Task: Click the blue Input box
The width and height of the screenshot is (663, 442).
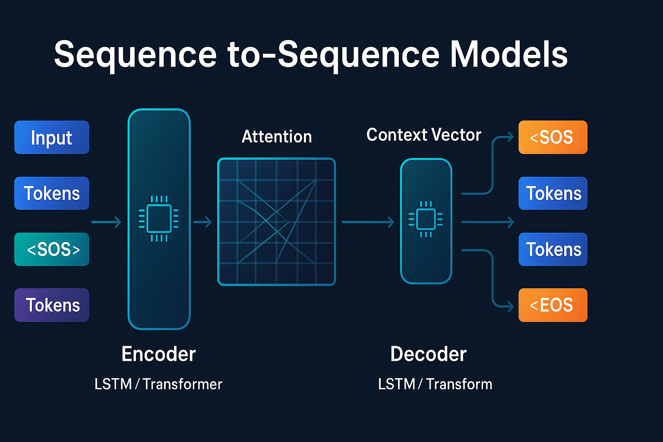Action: coord(52,137)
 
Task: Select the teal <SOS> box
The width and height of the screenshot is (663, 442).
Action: coord(52,249)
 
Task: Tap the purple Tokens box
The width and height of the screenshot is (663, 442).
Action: coord(52,305)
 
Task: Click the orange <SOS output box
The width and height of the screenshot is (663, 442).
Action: coord(552,137)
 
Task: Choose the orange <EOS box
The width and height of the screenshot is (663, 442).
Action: coord(552,305)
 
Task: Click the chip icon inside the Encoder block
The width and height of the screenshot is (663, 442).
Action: coord(159,218)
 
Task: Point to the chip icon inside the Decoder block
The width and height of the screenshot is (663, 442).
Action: coord(426,219)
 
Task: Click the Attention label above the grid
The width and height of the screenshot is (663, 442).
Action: coord(277,137)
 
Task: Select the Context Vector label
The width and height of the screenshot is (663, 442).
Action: coord(423,135)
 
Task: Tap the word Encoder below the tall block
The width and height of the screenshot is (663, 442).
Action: coord(158,354)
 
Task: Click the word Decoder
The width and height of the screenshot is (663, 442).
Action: coord(428,354)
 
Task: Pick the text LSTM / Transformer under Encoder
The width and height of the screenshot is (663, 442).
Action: coord(158,384)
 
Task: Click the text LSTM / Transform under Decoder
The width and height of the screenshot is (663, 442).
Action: coord(435,384)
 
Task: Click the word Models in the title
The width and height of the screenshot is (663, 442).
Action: coord(509,54)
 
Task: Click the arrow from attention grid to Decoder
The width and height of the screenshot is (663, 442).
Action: coord(368,222)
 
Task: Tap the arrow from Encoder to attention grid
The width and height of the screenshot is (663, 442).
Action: coord(202,222)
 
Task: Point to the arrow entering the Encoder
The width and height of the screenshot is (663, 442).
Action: coord(106,222)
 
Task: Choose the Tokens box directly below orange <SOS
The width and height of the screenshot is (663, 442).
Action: coord(552,193)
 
